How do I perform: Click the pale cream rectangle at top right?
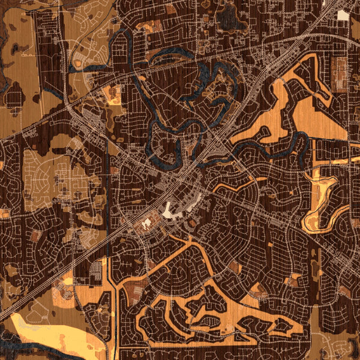point(343,15)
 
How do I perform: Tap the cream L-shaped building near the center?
point(168,211)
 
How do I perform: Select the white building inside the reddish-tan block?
point(146,225)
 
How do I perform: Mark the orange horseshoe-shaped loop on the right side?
point(321,204)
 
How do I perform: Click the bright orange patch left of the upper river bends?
point(113,94)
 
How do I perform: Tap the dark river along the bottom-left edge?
point(24,351)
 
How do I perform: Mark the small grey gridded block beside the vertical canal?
point(96,273)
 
